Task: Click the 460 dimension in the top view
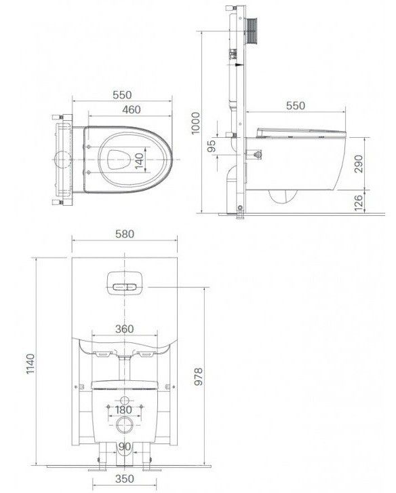point(132,110)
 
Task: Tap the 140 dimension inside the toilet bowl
point(140,161)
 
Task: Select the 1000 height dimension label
point(195,123)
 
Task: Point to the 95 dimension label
point(212,146)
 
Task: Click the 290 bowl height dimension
point(358,164)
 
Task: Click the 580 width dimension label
point(125,234)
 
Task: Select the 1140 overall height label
point(31,364)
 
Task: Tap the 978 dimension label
point(199,376)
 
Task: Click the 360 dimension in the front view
point(124,329)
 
